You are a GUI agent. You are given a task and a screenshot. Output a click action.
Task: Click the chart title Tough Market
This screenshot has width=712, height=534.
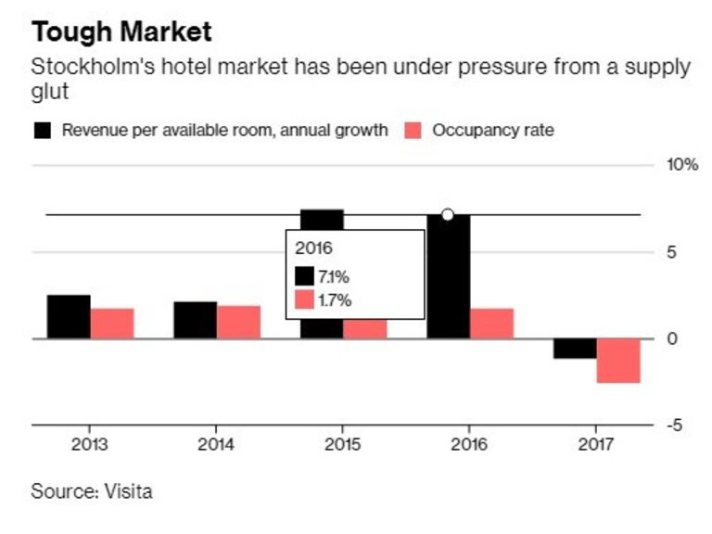(121, 32)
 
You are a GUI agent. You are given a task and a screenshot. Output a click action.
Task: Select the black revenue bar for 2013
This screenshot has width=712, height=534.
(69, 317)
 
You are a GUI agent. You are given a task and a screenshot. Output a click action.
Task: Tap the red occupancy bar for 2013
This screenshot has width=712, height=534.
(112, 324)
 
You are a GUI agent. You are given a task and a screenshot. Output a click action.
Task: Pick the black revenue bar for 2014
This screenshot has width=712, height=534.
(195, 321)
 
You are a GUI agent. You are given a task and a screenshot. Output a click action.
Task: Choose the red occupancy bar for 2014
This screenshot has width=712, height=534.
(238, 323)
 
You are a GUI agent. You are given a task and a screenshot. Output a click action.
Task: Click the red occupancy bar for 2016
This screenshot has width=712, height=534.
(491, 324)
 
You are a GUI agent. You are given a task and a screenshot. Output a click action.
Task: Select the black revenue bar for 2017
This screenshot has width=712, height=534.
(575, 349)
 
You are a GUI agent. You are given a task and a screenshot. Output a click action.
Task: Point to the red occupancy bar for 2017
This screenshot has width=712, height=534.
(618, 361)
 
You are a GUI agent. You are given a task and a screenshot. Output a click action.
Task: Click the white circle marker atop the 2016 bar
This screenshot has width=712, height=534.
(448, 215)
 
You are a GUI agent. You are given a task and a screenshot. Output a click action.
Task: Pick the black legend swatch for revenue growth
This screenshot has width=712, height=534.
(43, 130)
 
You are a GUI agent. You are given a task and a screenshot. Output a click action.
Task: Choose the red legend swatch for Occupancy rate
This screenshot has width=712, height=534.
(414, 130)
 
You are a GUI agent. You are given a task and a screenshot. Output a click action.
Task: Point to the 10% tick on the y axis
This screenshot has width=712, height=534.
(681, 165)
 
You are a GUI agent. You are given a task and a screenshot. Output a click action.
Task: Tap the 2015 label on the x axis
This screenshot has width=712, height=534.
(343, 444)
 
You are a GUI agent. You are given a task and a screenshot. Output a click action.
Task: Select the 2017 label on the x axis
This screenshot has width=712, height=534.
(596, 444)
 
